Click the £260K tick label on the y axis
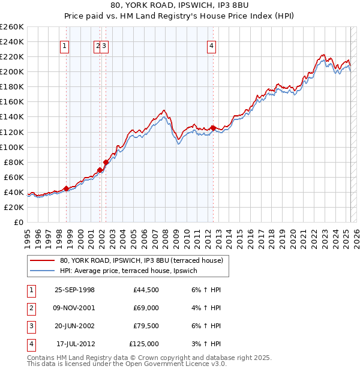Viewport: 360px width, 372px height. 11,26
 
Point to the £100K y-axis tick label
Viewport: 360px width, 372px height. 11,147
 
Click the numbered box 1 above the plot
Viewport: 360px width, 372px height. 64,46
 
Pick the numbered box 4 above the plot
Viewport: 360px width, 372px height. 212,46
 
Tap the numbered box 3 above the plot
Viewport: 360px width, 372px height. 104,46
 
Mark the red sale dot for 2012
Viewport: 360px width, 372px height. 213,128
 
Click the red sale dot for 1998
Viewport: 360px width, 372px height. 66,188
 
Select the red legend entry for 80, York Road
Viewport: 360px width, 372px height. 142,260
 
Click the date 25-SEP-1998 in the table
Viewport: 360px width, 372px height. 74,289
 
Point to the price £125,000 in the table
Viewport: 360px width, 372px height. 144,344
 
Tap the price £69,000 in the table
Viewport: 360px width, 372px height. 146,308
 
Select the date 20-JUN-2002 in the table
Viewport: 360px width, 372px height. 74,326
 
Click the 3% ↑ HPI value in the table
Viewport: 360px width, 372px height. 203,344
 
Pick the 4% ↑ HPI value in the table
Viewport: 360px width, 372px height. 203,308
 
